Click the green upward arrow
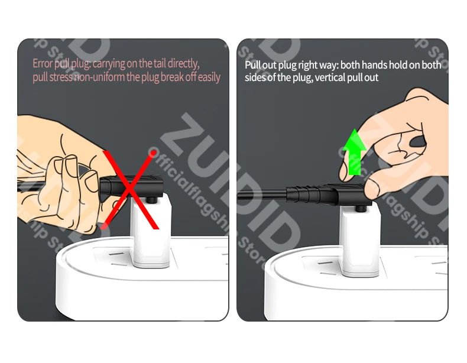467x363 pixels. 355,152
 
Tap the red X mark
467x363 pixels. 130,190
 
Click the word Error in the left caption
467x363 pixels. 43,63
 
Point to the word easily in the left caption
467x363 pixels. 209,77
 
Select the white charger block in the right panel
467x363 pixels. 361,241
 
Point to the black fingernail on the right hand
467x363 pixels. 418,141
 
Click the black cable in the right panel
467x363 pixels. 262,196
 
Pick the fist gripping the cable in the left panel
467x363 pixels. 63,176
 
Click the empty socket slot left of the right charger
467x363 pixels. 326,263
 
